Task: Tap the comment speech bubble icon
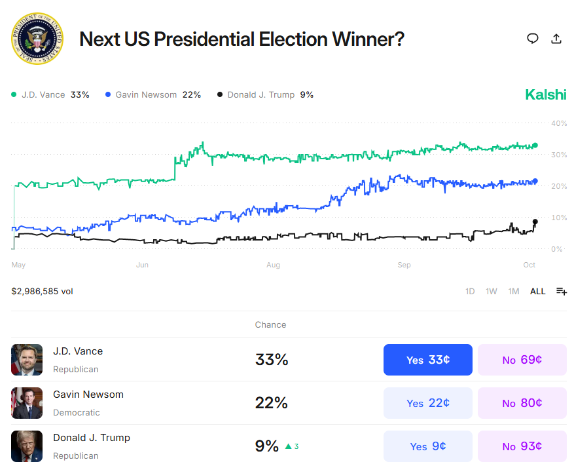pyautogui.click(x=533, y=39)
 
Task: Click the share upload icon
pyautogui.click(x=556, y=39)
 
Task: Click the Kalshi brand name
pyautogui.click(x=545, y=94)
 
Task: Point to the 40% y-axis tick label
pyautogui.click(x=558, y=123)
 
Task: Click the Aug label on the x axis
pyautogui.click(x=273, y=265)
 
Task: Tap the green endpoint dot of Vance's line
pyautogui.click(x=535, y=145)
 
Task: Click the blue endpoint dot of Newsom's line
pyautogui.click(x=535, y=181)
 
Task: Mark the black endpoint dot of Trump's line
pyautogui.click(x=535, y=222)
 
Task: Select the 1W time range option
pyautogui.click(x=492, y=292)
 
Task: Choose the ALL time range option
pyautogui.click(x=537, y=292)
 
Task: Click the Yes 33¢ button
pyautogui.click(x=427, y=360)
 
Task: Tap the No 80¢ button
pyautogui.click(x=522, y=403)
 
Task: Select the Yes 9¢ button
pyautogui.click(x=427, y=446)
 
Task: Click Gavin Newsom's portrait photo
pyautogui.click(x=27, y=403)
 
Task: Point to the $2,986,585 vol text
pyautogui.click(x=42, y=291)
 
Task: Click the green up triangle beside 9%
pyautogui.click(x=288, y=446)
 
